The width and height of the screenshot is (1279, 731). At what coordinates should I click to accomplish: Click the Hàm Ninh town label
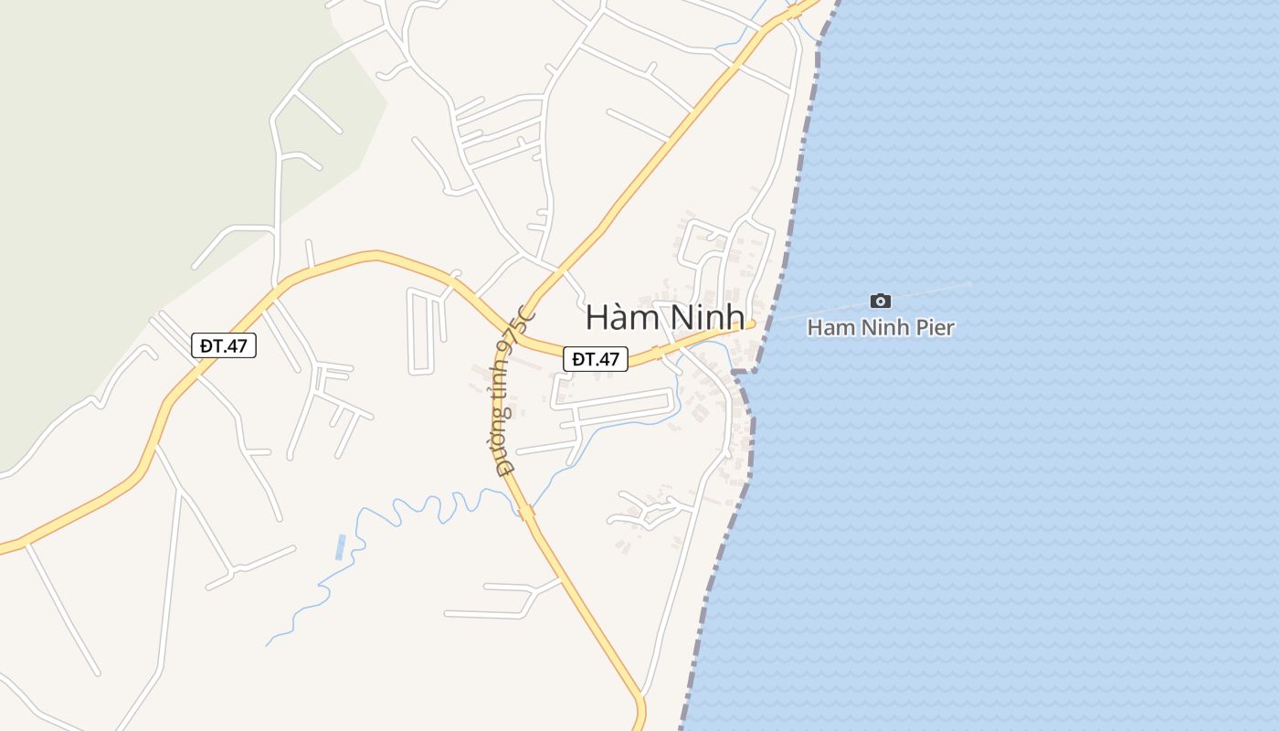665,317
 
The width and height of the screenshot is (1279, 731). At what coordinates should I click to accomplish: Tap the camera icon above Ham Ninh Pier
880,301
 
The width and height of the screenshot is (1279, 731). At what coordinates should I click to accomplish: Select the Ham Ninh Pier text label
881,327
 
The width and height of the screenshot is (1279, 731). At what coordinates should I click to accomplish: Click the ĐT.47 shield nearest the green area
224,345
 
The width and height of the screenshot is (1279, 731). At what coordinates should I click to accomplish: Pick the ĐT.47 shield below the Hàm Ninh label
596,359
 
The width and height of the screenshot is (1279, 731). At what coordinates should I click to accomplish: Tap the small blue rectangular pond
341,546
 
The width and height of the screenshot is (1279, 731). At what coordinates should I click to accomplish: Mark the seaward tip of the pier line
971,283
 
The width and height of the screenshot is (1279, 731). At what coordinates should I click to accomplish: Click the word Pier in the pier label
933,327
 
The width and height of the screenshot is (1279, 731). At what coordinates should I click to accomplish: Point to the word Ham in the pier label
826,327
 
